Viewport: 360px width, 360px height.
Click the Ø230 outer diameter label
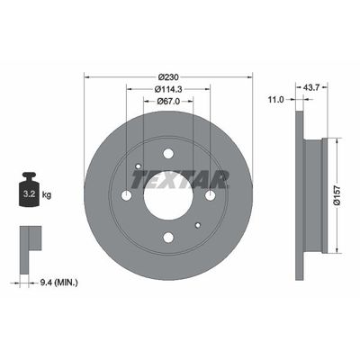coord(168,77)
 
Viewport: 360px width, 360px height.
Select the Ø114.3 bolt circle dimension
coord(168,89)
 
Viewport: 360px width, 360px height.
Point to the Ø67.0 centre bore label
coord(168,102)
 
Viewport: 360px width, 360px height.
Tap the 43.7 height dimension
coord(312,87)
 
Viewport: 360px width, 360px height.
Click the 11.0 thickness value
coord(275,100)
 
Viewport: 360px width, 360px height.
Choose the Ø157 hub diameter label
coord(337,195)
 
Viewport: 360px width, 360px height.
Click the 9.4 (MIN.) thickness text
coord(58,283)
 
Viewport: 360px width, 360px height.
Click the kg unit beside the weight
coord(47,195)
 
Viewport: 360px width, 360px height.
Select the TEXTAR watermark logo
coord(180,179)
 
